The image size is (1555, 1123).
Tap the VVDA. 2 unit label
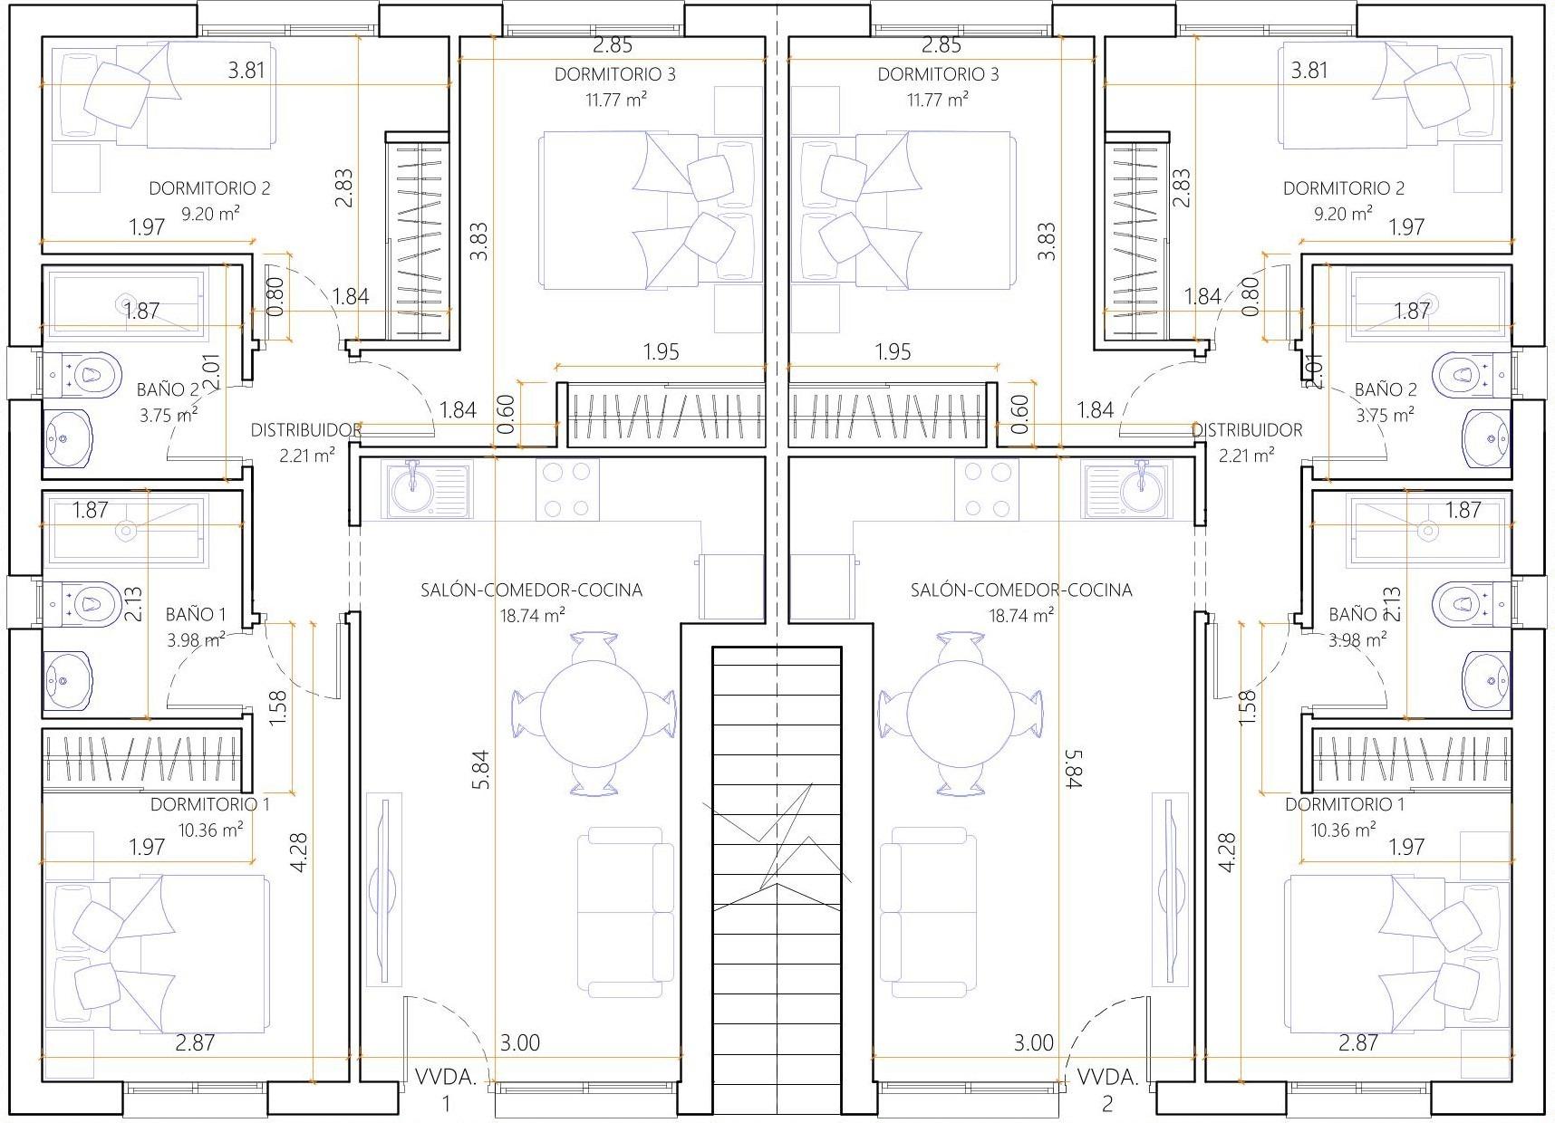click(x=1107, y=1089)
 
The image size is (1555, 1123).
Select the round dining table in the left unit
click(x=594, y=712)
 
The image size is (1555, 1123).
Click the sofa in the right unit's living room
click(x=929, y=911)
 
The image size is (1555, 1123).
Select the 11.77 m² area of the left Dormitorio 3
click(x=616, y=99)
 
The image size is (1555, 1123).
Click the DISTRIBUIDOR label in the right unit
click(x=1248, y=430)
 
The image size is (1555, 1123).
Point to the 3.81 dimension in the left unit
click(x=246, y=70)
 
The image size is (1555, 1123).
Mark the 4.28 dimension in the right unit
click(x=1228, y=852)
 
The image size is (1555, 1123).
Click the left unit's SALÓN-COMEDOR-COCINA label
click(x=531, y=590)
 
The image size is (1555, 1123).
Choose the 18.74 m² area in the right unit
click(x=1020, y=615)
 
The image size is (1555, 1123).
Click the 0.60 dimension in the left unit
click(x=507, y=413)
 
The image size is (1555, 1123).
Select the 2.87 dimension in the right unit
click(x=1358, y=1042)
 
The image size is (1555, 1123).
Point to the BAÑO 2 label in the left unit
click(x=169, y=389)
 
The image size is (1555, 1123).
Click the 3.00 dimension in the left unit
click(x=520, y=1042)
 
